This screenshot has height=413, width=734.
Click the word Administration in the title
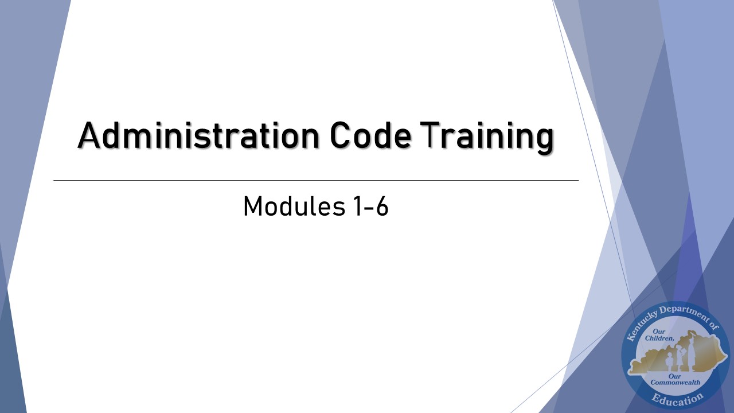[198, 137]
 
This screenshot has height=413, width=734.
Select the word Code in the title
[370, 137]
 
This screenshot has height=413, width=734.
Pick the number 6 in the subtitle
[381, 206]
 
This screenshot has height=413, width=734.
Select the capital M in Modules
[253, 206]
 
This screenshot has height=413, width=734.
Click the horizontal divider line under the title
[315, 180]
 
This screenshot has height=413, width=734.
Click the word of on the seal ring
[713, 327]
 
